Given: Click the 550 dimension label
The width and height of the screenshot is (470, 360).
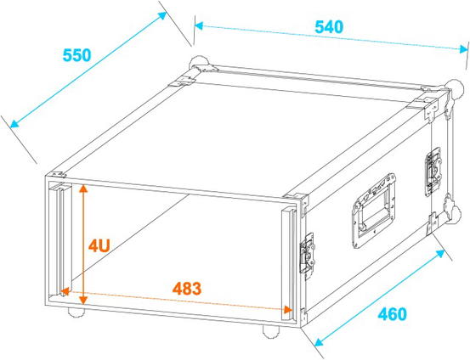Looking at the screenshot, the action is pos(76,55).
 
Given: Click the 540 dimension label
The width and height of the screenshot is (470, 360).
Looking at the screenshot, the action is pos(329,27).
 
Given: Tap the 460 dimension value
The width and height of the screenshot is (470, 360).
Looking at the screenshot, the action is pos(393,314).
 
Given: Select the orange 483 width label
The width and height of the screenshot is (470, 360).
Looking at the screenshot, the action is pos(187,289).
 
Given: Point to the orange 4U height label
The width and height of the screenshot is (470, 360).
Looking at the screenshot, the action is pos(99,246).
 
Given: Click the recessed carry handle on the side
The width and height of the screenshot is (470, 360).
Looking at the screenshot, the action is pos(373,211).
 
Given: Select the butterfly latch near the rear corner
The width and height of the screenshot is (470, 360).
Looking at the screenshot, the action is pos(433,172).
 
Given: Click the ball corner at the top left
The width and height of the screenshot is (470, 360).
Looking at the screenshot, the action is pos(199,63).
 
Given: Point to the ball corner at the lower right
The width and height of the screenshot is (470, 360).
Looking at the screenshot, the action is pos(453,214).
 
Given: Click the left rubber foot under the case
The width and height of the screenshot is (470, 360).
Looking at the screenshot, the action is pos(76,312).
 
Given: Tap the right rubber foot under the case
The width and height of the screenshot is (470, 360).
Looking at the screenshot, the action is pos(271,332).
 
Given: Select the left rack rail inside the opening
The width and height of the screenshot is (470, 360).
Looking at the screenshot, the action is pos(60,239).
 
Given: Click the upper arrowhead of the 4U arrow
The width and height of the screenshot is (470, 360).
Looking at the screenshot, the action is pos(83,188).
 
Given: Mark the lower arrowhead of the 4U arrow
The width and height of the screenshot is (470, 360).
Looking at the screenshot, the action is pos(83,300).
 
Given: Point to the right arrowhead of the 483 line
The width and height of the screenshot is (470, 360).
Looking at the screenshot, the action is pos(288,310).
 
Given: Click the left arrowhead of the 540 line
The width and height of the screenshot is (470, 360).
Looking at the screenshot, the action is pos(199,26).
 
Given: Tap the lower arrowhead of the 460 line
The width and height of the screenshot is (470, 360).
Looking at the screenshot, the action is pos(320,341).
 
